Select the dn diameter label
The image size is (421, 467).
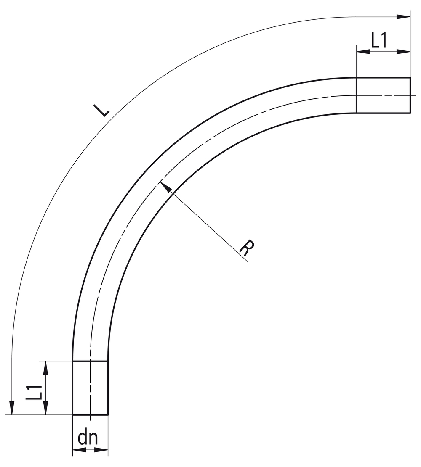tap(88, 438)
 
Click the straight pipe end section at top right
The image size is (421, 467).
tap(383, 95)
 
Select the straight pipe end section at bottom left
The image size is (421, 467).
tap(90, 388)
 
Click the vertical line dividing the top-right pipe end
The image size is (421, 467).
tap(356, 95)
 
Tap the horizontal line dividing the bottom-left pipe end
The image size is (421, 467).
tap(90, 361)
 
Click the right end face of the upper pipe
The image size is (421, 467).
tap(410, 95)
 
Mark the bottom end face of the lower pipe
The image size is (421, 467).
tap(90, 415)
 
